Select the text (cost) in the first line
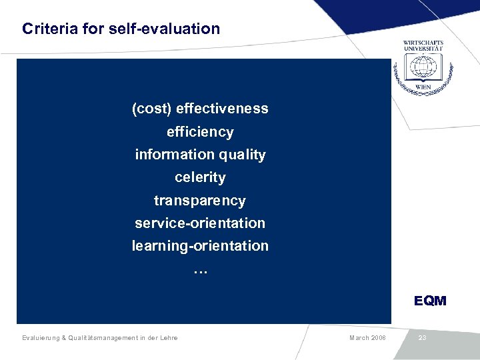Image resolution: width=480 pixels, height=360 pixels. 151,109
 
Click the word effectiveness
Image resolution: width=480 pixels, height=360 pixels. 222,109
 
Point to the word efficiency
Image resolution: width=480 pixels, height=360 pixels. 200,132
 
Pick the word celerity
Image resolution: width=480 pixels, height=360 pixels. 200,177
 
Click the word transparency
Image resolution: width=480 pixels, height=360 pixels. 200,201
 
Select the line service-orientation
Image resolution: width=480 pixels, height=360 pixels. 200,223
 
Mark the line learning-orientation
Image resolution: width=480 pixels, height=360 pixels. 200,246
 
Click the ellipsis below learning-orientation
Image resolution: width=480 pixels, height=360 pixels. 200,271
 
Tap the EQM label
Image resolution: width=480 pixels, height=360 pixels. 430,301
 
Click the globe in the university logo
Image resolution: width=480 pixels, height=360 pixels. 423,67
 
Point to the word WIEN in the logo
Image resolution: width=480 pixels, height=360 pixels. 423,87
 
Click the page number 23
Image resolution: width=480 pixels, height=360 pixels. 422,338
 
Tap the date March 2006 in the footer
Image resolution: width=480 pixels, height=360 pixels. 367,338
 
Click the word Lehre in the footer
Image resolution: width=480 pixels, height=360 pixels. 167,338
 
